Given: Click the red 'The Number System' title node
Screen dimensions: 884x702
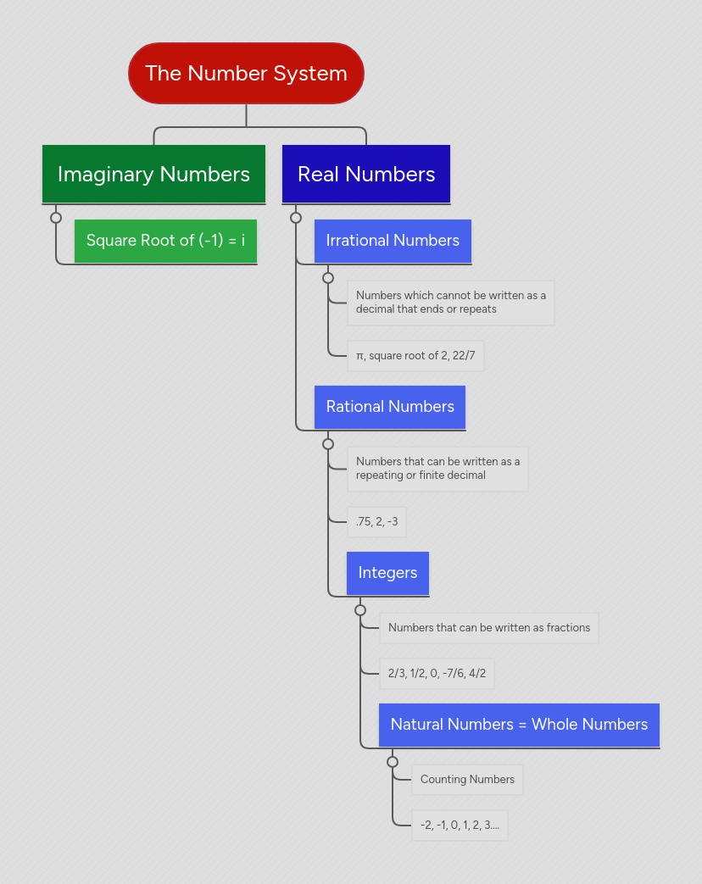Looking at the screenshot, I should pos(246,74).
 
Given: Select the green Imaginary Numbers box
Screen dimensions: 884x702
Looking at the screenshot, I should pos(153,174).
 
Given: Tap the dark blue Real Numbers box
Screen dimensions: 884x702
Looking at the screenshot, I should pos(366,174).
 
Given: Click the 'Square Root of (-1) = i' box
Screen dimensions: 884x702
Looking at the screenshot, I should pos(165,241).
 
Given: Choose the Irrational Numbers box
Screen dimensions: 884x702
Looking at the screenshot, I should pos(393,241).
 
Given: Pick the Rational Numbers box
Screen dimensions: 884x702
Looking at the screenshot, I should pos(390,407).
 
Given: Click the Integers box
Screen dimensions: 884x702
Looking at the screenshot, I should pos(387,573).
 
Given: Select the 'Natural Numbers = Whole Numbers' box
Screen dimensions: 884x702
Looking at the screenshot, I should pos(519,725).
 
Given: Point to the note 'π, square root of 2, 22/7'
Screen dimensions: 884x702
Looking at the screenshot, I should pos(415,356).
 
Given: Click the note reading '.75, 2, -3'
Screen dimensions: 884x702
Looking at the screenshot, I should pos(376,522).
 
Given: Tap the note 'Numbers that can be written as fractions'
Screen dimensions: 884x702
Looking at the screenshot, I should pos(489,628).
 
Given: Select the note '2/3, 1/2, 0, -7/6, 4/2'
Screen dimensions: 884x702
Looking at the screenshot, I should pos(437,674).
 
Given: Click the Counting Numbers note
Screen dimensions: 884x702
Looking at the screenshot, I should pos(467,780).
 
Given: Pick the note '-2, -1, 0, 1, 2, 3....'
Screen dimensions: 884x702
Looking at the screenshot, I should pos(460,826).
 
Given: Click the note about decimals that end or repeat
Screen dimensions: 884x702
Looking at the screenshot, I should pos(451,303).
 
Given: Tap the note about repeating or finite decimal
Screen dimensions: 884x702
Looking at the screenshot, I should pos(437,469).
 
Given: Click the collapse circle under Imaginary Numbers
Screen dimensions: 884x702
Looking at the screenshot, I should pos(56,218).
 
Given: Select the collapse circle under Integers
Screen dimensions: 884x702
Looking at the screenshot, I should pos(360,610).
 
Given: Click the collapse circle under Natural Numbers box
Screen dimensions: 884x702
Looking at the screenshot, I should pos(393,762).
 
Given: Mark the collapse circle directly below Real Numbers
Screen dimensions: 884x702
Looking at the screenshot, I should pos(296,218).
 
